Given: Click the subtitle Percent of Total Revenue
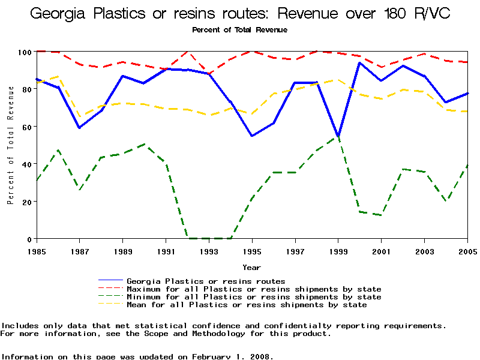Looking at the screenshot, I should (x=240, y=29).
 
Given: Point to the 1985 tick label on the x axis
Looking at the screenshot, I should (x=37, y=251).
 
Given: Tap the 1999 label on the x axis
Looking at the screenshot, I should (x=338, y=251).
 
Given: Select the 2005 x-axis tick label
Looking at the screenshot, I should (x=467, y=251).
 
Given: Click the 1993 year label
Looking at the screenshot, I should (x=209, y=251).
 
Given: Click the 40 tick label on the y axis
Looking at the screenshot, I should (x=26, y=164).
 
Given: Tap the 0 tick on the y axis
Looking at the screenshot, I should (x=29, y=239).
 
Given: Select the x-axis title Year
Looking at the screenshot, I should (x=251, y=267).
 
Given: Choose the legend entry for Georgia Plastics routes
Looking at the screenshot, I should (x=206, y=281).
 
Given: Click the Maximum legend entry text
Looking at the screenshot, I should (x=254, y=289).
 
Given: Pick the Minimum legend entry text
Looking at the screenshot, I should (x=254, y=297).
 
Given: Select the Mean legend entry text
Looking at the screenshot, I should (x=247, y=305).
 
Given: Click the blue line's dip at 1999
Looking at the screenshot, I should (x=338, y=136).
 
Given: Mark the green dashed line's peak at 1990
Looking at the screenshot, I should (x=145, y=144).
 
